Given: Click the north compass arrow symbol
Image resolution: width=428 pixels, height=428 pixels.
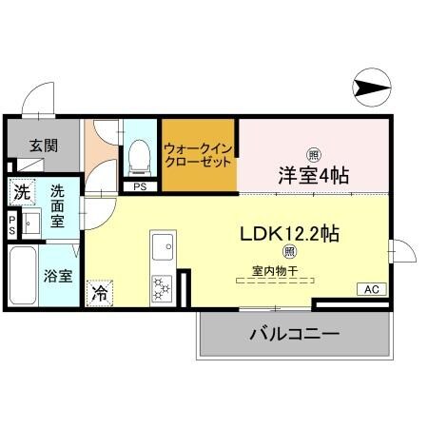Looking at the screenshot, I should (372, 88).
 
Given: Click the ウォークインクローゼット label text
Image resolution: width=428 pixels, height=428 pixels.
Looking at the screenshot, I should (198, 156).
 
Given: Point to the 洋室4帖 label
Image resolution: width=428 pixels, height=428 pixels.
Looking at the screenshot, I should (313, 175).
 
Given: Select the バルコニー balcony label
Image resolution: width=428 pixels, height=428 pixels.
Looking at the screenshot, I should (294, 335).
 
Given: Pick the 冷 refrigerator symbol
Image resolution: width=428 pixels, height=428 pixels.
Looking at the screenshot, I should (99, 294).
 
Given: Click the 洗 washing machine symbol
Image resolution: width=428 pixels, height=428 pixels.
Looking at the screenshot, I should (20, 191).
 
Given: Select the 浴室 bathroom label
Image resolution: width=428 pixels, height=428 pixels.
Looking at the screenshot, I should (58, 277).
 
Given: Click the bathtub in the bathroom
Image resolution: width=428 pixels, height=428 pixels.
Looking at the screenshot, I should (23, 276).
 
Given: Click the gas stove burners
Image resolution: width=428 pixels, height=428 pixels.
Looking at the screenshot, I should (161, 286).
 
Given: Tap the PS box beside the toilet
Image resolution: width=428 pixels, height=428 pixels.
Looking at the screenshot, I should (140, 187).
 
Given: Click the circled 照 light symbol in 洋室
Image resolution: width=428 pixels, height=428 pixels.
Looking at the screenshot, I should (313, 154).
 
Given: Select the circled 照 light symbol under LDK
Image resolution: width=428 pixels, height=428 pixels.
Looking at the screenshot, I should (290, 252).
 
